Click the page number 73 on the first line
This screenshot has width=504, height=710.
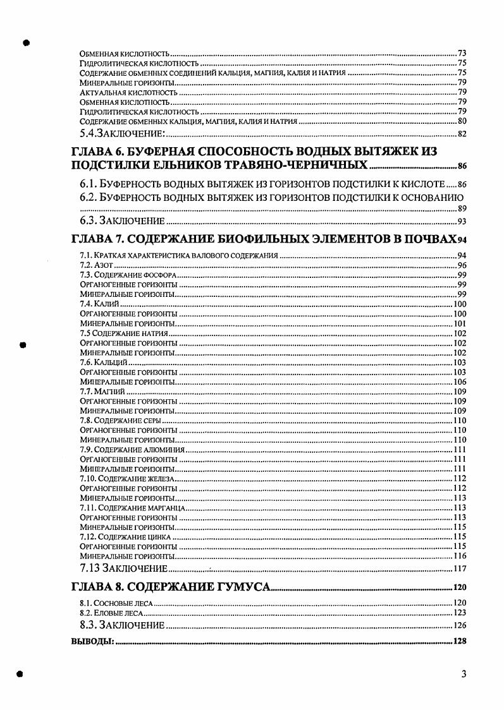tap(462, 53)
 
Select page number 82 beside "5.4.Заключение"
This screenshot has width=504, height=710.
tap(462, 133)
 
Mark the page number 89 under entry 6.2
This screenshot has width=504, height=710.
tap(462, 208)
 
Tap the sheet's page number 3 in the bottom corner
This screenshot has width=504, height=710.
tap(464, 674)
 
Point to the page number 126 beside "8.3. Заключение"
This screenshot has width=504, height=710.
tap(460, 626)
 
